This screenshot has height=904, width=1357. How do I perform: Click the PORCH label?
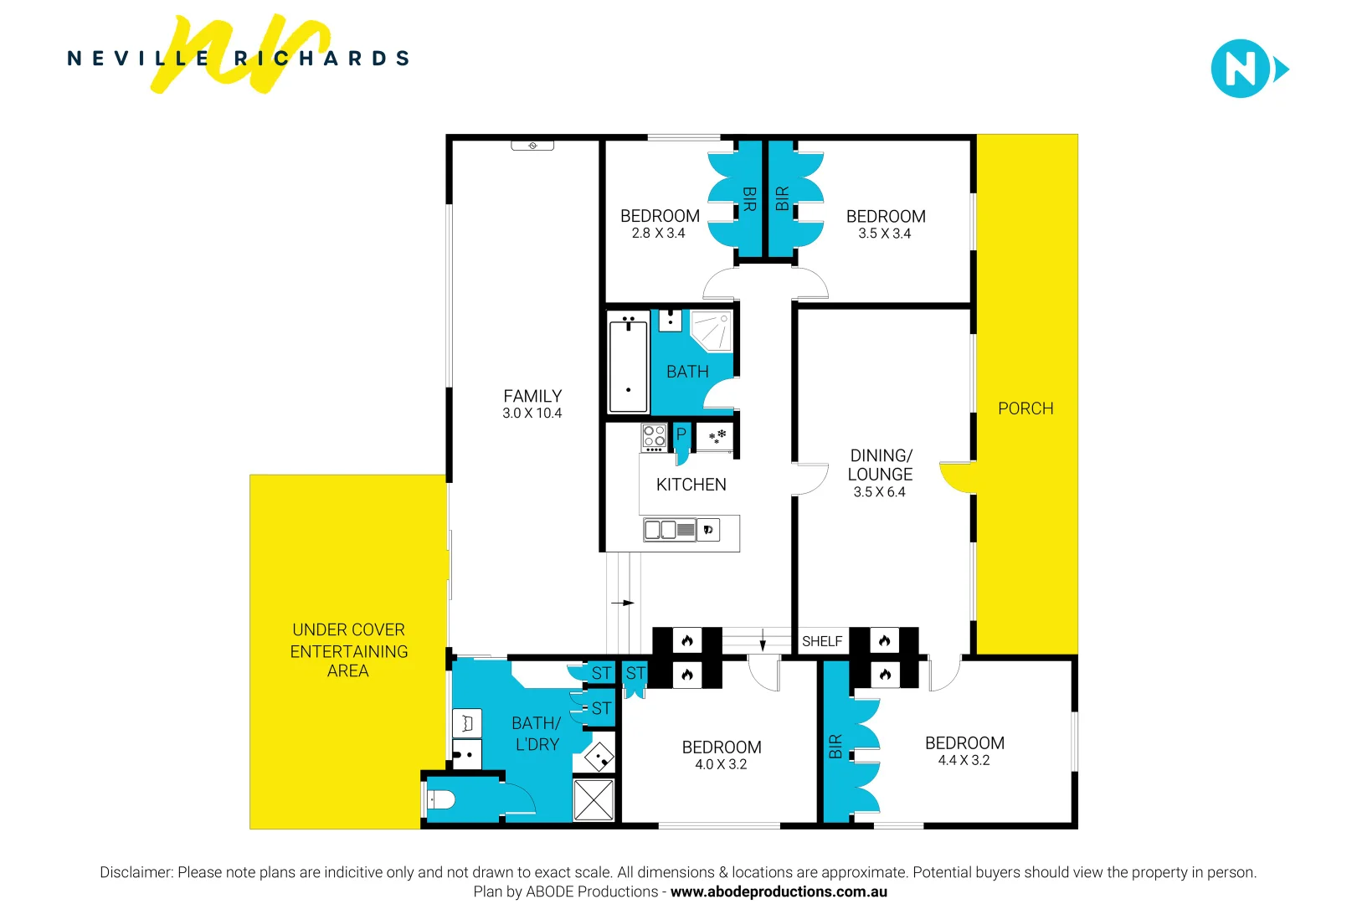tap(1025, 408)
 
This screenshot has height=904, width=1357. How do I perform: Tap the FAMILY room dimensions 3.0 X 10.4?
tap(532, 413)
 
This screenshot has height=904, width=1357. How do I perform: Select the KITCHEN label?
tap(691, 485)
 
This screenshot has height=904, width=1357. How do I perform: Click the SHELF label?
tap(821, 641)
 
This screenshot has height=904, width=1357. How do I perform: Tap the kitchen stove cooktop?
tap(654, 437)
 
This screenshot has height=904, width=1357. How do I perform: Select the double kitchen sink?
tap(669, 530)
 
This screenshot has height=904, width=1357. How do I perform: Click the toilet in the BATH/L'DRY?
tap(440, 800)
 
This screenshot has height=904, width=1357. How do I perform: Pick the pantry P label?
tap(681, 434)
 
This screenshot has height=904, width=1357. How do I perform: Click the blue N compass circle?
tap(1239, 69)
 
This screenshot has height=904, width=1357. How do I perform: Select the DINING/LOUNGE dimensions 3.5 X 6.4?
tap(879, 492)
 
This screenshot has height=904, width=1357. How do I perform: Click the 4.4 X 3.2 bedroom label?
tap(964, 760)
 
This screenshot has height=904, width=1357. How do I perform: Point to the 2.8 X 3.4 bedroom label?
tap(658, 234)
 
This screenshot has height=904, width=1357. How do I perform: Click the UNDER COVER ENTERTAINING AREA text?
tap(348, 650)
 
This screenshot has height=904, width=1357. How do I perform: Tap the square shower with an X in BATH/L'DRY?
tap(594, 800)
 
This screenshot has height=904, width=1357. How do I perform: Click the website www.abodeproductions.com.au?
tap(779, 891)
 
